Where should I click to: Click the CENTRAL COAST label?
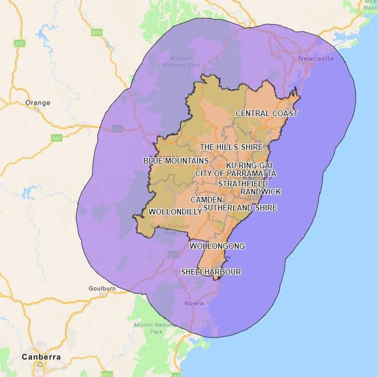[267, 113]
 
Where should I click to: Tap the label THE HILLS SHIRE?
[231, 147]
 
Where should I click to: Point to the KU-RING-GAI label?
[249, 165]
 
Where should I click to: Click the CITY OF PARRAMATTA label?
[235, 173]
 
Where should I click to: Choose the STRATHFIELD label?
[243, 184]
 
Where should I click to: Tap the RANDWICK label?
[260, 192]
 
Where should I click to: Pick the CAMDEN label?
[206, 200]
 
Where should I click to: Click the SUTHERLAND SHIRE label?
[240, 208]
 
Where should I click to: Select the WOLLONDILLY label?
[175, 212]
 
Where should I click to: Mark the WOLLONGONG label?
[217, 246]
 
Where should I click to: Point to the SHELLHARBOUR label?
[211, 272]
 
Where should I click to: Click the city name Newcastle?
[315, 58]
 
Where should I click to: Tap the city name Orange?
[38, 103]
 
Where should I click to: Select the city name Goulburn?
[102, 289]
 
